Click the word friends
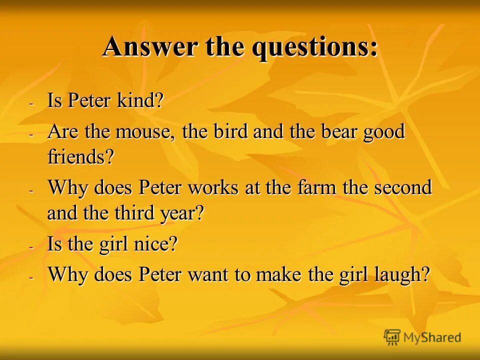[x=80, y=158]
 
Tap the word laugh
[x=399, y=275]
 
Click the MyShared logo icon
[x=392, y=337]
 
